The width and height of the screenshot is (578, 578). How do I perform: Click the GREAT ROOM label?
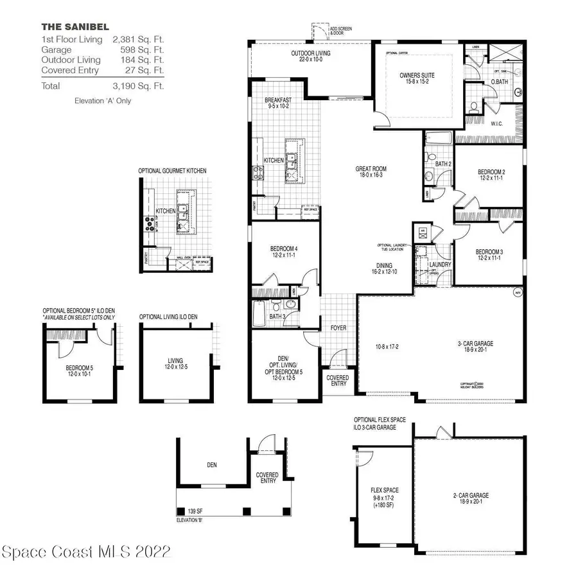371,170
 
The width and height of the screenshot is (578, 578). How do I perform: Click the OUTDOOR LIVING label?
310,53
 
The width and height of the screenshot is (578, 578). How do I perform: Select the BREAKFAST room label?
278,101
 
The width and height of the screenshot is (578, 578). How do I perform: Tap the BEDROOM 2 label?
491,171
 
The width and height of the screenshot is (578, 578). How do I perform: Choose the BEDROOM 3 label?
489,252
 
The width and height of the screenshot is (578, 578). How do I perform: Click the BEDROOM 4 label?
283,249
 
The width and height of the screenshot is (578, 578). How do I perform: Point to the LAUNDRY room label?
441,265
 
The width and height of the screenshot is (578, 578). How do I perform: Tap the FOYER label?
338,328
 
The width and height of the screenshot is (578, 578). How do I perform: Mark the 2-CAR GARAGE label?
471,495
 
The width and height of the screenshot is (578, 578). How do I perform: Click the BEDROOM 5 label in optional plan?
79,369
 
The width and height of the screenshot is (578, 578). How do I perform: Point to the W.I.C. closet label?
497,123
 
